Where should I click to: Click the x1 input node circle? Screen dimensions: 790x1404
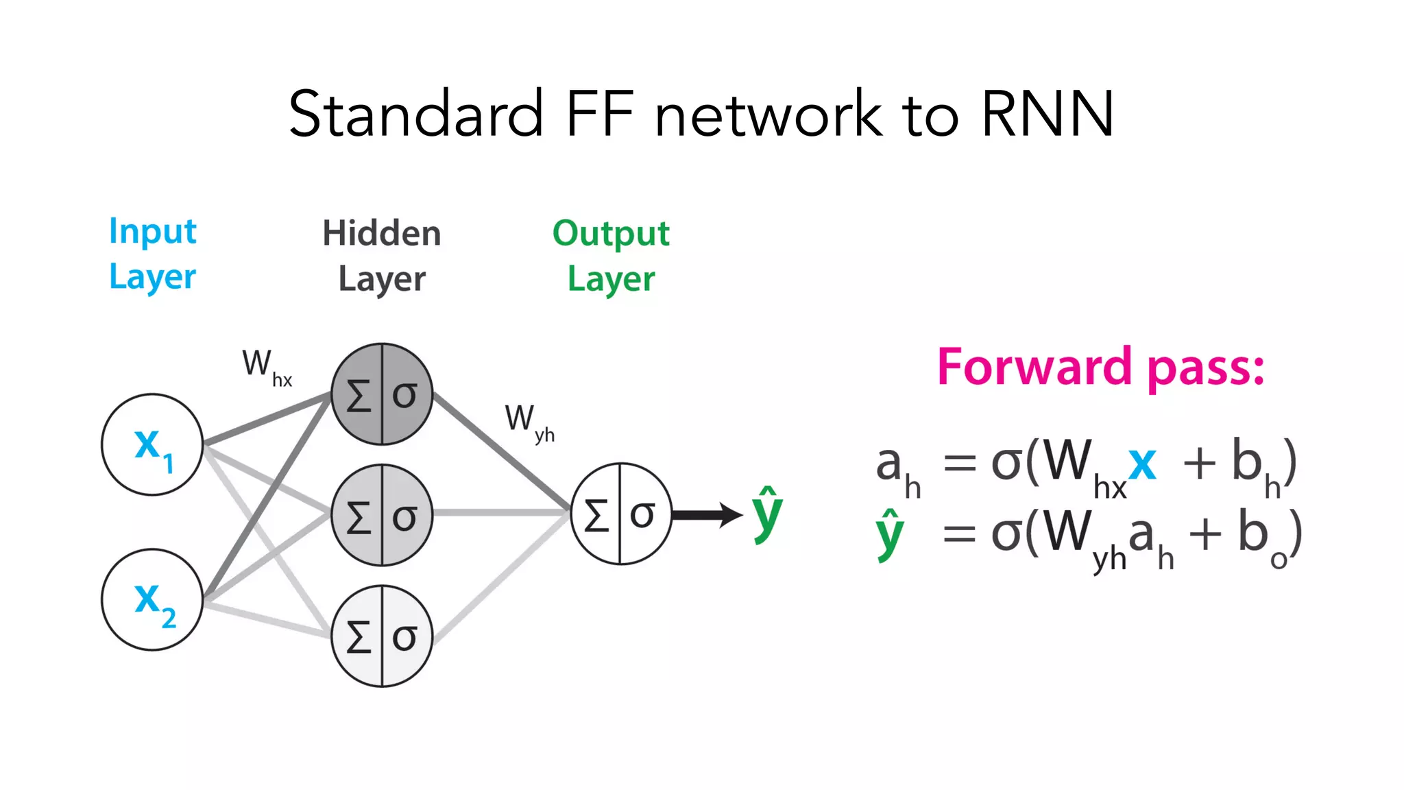point(152,444)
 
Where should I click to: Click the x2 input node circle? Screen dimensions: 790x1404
point(152,599)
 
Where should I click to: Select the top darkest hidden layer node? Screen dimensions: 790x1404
point(382,394)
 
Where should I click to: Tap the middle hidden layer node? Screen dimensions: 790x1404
point(382,515)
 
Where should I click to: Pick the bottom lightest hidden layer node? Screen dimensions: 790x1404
point(382,636)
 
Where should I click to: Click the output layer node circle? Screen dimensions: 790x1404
point(620,514)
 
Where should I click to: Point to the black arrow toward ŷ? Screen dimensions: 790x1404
point(706,514)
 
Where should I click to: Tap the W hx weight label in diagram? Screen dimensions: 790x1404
point(266,366)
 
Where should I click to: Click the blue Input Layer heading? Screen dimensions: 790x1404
point(153,254)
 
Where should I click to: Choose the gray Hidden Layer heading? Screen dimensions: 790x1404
point(382,256)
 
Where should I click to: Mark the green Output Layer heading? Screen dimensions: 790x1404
point(611,256)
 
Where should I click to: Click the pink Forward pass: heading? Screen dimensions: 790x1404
point(1100,368)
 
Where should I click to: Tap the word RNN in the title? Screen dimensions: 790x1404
point(1047,114)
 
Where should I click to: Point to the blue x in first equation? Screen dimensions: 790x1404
point(1142,464)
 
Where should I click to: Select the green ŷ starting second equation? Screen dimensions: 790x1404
point(890,535)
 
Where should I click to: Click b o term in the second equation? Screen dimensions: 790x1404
point(1261,538)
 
